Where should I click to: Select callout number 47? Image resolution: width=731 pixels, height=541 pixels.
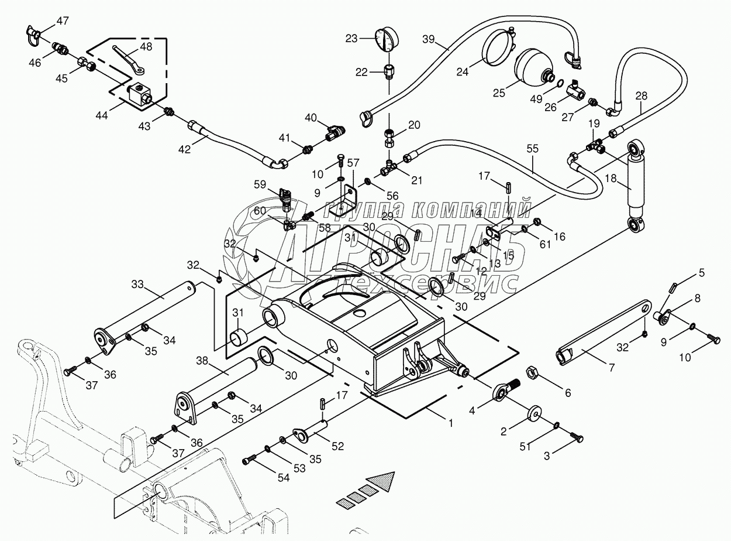click(x=63, y=21)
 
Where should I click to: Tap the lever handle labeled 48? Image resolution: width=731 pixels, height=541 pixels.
click(x=126, y=59)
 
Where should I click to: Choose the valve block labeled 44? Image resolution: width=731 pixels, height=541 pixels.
click(x=140, y=94)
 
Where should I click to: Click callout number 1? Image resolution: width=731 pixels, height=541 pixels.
click(x=451, y=422)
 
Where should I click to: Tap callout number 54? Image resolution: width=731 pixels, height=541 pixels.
click(x=284, y=477)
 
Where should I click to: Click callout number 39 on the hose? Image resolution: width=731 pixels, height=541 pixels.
click(x=429, y=39)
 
